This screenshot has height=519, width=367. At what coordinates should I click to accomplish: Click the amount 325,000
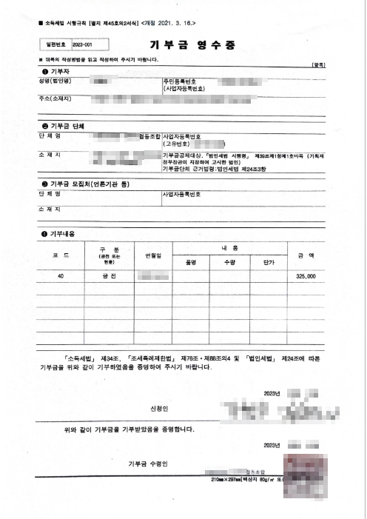(305, 275)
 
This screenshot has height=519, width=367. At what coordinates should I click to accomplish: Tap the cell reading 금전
(108, 275)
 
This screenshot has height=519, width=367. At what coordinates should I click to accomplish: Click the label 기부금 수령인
(151, 463)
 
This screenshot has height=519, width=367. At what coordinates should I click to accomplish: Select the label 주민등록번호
(179, 80)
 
